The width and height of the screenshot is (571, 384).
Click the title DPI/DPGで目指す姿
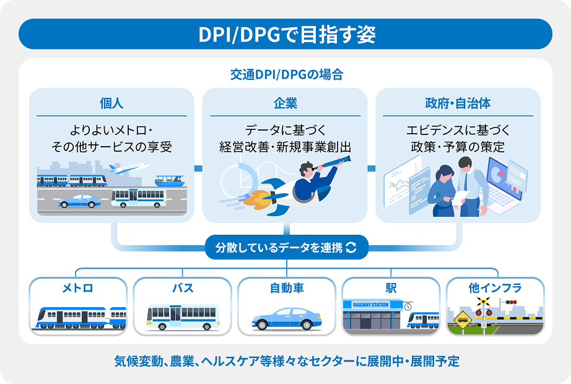[287, 34]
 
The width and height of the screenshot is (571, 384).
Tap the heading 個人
[111, 103]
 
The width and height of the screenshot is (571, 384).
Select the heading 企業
[285, 103]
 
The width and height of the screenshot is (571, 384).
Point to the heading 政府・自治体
[458, 103]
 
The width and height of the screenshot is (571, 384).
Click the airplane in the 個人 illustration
[129, 168]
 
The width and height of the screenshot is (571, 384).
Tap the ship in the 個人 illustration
[170, 181]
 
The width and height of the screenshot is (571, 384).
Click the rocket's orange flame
[255, 198]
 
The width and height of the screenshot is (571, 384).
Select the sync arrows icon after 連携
[351, 247]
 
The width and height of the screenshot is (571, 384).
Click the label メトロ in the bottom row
[77, 288]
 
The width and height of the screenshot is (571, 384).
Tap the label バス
[183, 288]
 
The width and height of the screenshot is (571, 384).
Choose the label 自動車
[287, 288]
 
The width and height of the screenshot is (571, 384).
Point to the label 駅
[391, 288]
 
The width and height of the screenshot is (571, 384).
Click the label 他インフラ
[495, 288]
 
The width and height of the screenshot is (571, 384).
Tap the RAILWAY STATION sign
[371, 305]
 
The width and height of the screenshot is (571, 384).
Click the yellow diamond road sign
[463, 320]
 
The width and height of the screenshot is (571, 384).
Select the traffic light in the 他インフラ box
[511, 302]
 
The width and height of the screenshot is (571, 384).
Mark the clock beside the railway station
[408, 307]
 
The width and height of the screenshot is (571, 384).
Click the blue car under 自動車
[287, 319]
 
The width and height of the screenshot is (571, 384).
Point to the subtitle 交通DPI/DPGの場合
[287, 74]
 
